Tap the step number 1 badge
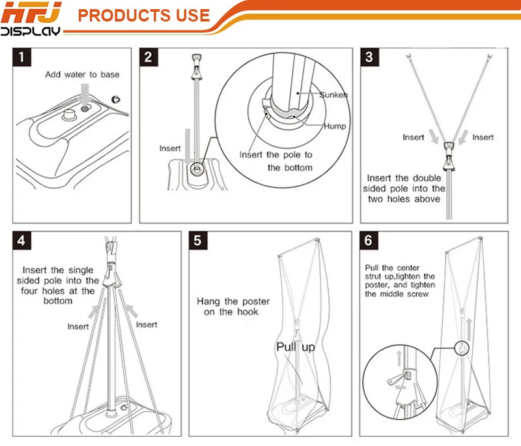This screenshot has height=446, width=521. pos(23,57)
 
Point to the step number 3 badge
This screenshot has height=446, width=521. pos(369,57)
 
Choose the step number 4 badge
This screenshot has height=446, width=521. pos(23,240)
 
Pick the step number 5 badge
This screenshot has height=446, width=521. pos(198,240)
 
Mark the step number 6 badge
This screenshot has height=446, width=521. pos(369,240)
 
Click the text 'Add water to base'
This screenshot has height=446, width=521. pos(82,74)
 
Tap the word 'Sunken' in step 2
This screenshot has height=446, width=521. pos(333,95)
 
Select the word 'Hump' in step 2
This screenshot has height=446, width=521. pos(335,126)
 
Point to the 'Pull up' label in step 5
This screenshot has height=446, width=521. pos(295,347)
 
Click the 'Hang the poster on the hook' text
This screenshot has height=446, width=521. pos(228,306)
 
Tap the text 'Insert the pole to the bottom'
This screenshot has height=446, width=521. pos(275,161)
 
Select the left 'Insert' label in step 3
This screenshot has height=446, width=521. pos(413,138)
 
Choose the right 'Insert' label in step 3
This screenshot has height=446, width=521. pos(483,138)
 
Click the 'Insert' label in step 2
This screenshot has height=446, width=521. pos(170,149)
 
